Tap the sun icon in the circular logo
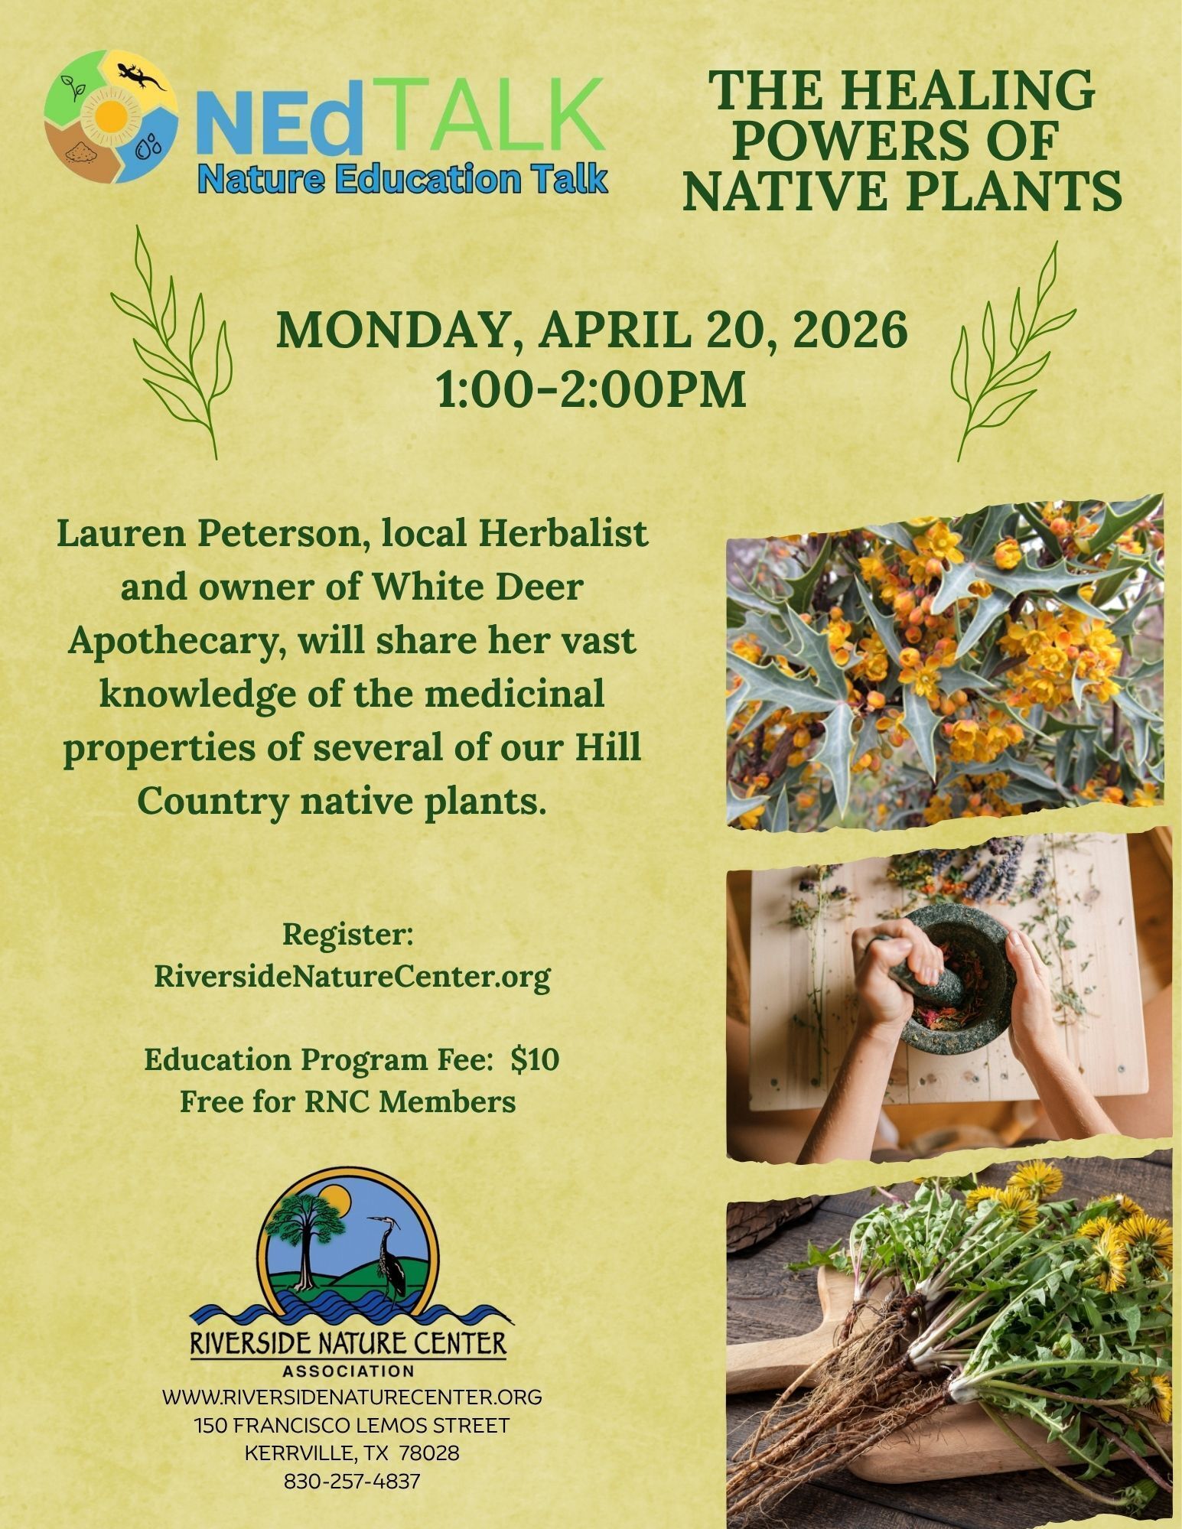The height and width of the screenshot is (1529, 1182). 111,119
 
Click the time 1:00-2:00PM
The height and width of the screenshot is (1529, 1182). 591,389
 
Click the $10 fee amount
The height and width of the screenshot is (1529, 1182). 536,1059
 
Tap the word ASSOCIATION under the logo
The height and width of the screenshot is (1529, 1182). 347,1370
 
